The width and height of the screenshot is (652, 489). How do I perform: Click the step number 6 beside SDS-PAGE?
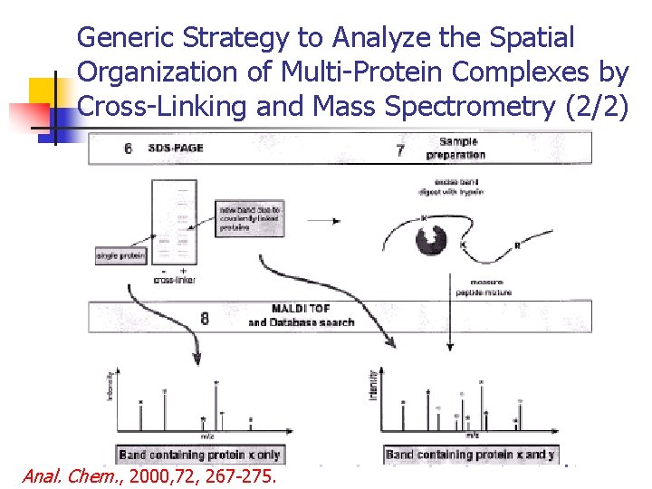point(128,148)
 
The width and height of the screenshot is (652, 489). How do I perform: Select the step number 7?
point(400,149)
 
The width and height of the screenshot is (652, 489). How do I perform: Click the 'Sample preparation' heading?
point(462,148)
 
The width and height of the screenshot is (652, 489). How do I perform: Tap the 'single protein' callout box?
point(121,256)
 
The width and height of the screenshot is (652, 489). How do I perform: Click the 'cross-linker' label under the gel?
point(174,281)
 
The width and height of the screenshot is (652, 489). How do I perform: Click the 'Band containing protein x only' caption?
point(199,454)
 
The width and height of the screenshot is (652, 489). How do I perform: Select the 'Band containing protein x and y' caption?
point(469,454)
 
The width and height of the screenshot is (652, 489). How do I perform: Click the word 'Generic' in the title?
point(126,37)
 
